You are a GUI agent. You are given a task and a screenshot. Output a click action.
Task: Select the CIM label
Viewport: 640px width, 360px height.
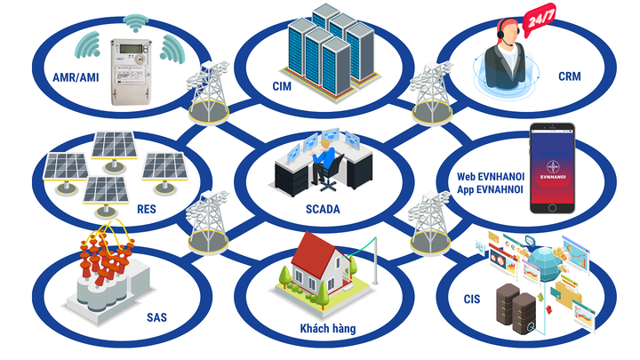pos(282,86)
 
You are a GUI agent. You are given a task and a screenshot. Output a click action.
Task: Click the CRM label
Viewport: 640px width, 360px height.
pos(570,76)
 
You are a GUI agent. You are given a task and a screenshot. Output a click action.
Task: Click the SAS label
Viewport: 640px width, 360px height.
pos(156,316)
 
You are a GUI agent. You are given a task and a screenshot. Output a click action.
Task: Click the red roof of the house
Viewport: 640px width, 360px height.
pos(316,252)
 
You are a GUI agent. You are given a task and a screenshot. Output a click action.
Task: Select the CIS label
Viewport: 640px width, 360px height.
pos(471,299)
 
